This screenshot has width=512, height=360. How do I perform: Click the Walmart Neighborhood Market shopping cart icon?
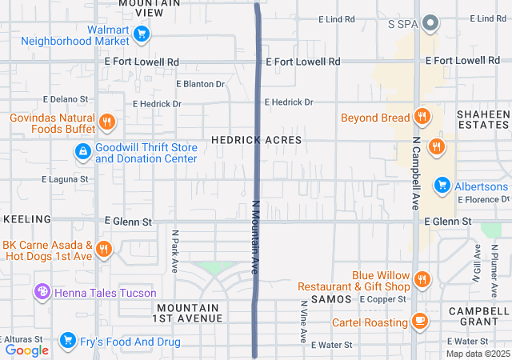[142, 34]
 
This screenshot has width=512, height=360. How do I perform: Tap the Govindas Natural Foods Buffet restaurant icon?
[107, 122]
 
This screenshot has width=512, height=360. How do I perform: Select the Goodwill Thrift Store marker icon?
[82, 151]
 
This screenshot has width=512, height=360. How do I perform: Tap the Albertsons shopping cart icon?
[441, 186]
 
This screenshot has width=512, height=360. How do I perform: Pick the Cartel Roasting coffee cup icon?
[419, 321]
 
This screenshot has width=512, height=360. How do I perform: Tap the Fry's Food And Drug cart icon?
[68, 342]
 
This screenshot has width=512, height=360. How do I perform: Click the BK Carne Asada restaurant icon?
[103, 250]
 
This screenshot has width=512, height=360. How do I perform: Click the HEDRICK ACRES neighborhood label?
[256, 140]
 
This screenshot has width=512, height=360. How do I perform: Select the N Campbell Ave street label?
[416, 170]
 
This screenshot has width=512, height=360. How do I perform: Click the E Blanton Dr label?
[200, 83]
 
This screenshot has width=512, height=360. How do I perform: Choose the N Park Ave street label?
[174, 252]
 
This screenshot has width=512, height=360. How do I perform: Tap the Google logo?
[27, 350]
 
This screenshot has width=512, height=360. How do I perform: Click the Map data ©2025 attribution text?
[477, 354]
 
